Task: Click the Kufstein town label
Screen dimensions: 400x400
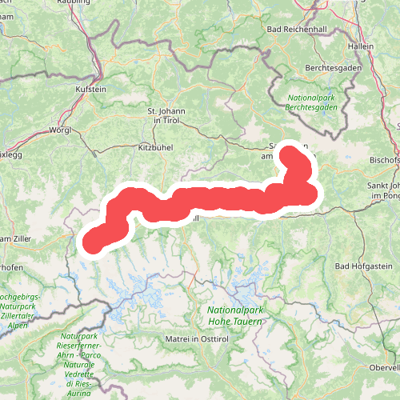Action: pyautogui.click(x=90, y=90)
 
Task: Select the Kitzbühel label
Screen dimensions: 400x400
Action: pyautogui.click(x=156, y=148)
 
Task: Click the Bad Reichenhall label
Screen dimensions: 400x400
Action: pyautogui.click(x=306, y=30)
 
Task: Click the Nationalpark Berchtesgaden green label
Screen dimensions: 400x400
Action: pyautogui.click(x=310, y=102)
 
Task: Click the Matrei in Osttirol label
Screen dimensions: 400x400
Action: pyautogui.click(x=194, y=340)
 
